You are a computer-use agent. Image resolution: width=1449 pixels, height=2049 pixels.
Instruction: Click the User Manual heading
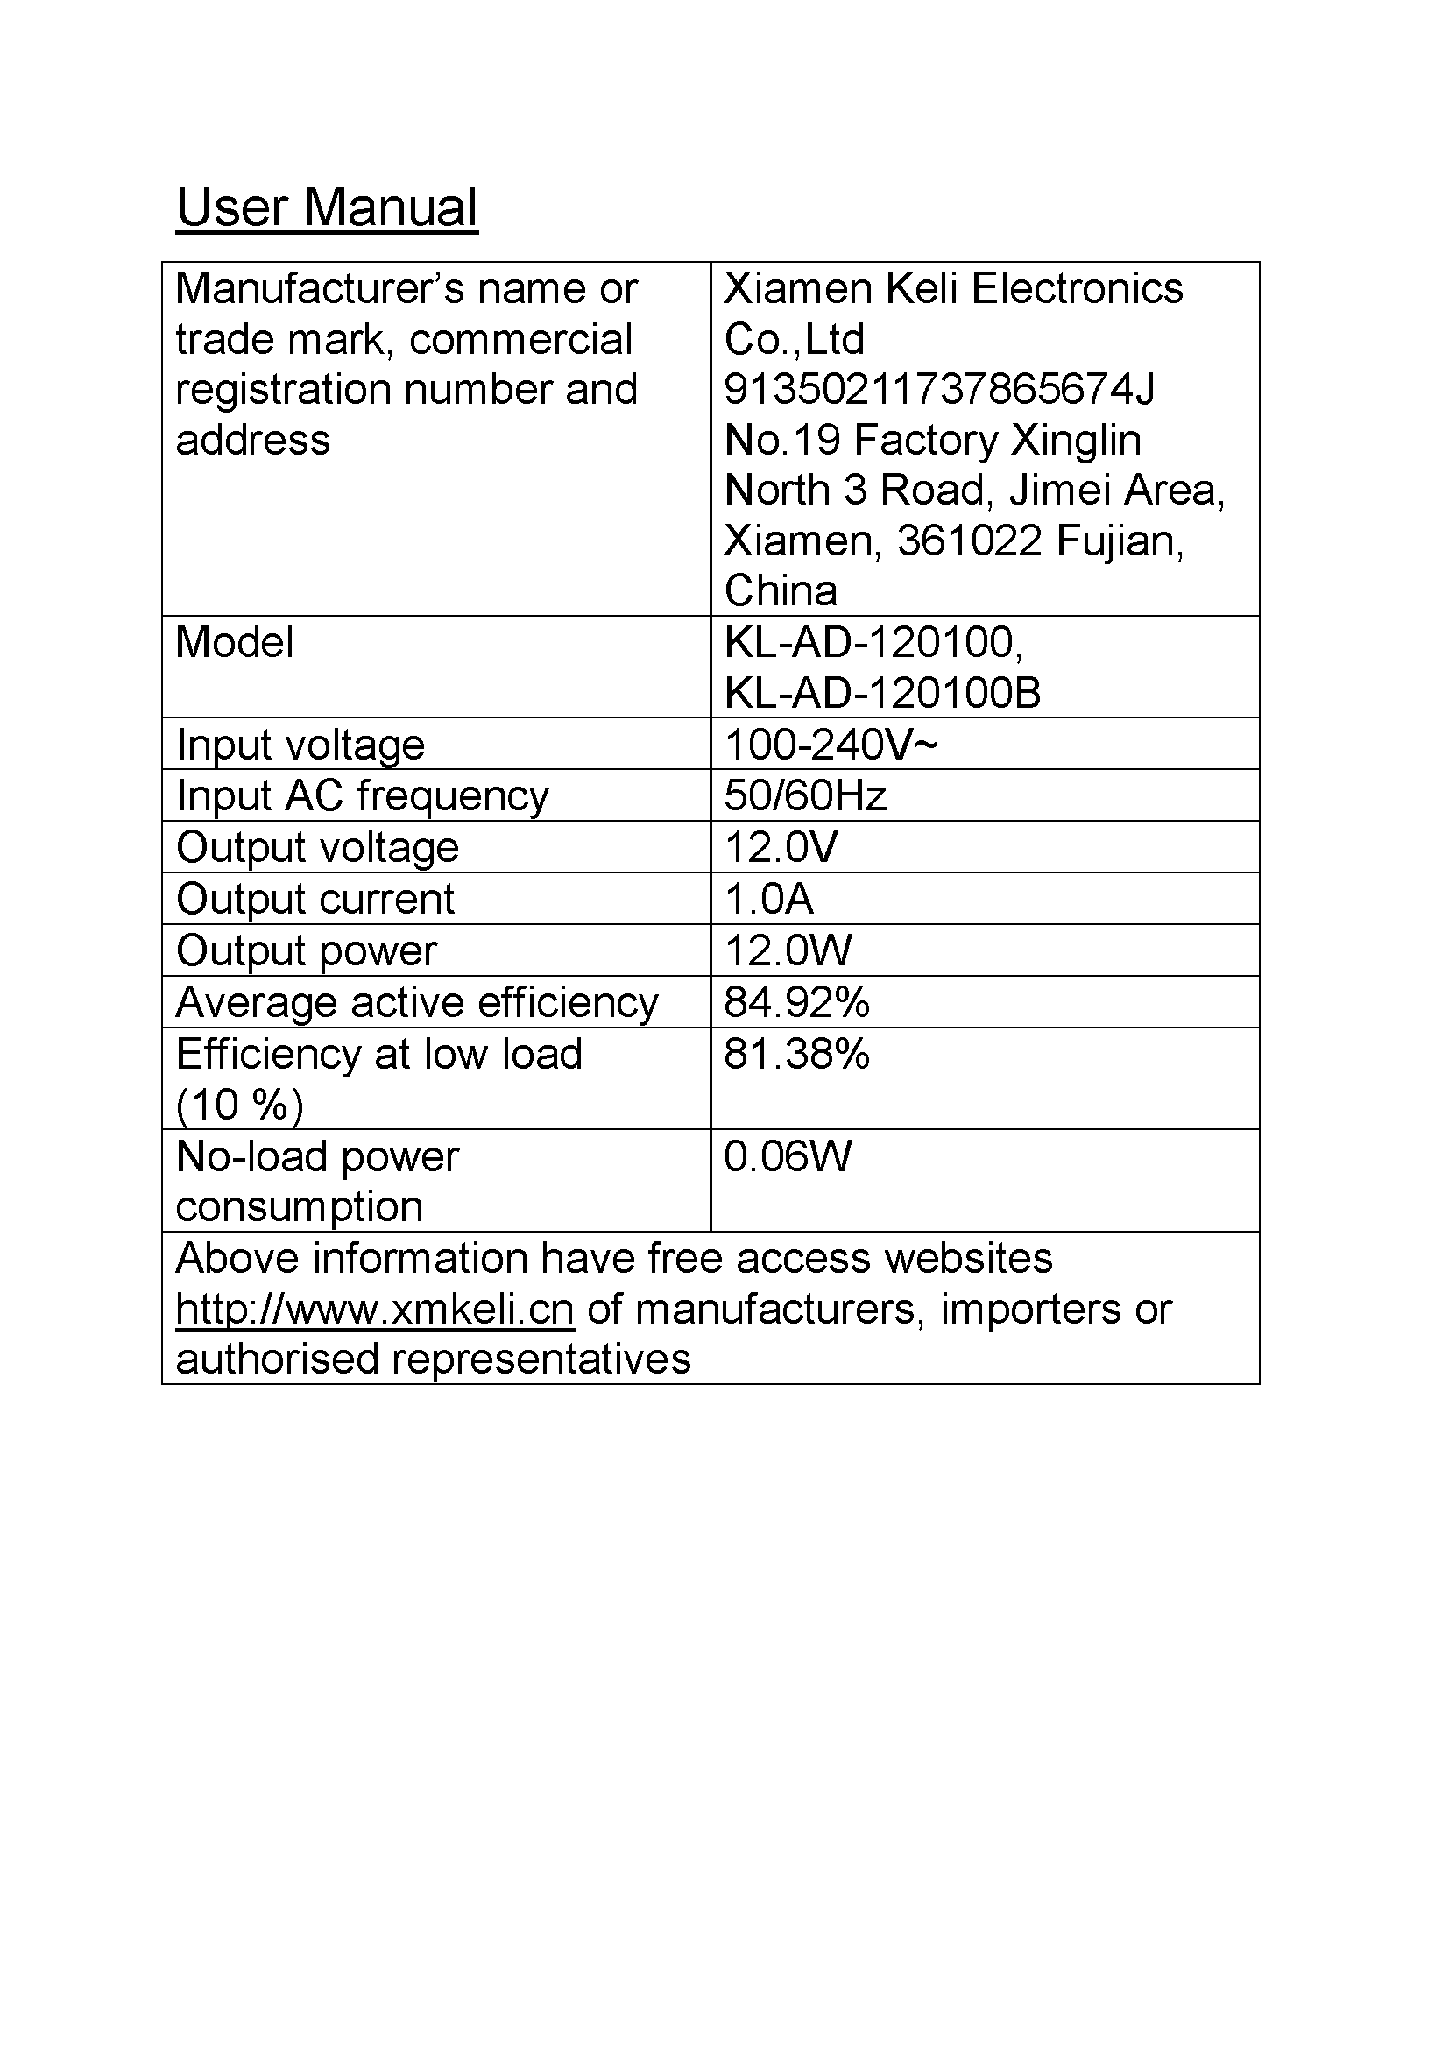(327, 207)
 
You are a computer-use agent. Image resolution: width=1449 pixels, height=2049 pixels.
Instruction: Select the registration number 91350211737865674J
(938, 389)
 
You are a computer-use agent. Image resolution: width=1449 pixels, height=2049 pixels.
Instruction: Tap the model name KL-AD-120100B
(882, 693)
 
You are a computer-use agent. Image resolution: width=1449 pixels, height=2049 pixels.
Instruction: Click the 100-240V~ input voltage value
(831, 745)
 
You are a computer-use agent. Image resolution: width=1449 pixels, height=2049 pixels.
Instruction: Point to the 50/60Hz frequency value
(805, 795)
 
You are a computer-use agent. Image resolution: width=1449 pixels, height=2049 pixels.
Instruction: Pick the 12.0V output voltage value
(781, 847)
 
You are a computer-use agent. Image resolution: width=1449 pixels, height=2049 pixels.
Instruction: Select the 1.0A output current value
(768, 899)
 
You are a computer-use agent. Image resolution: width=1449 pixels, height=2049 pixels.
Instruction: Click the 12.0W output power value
(788, 950)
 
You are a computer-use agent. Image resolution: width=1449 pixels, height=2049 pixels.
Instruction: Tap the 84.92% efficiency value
(795, 1002)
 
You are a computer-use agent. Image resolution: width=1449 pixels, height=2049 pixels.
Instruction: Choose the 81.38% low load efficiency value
(795, 1054)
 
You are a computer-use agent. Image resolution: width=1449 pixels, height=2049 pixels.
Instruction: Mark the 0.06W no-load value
(788, 1156)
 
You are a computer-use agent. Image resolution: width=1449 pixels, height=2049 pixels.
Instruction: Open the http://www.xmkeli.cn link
(375, 1309)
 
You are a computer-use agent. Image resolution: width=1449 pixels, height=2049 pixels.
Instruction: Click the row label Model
(235, 642)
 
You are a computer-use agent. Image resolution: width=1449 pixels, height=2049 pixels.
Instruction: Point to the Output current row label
(315, 899)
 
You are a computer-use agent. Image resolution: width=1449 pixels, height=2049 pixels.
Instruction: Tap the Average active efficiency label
(417, 1002)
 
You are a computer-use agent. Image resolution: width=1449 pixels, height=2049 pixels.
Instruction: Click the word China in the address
(781, 590)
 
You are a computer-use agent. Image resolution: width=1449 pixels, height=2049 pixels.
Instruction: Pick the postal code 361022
(969, 541)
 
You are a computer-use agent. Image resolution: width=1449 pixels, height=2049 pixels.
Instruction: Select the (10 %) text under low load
(239, 1105)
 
